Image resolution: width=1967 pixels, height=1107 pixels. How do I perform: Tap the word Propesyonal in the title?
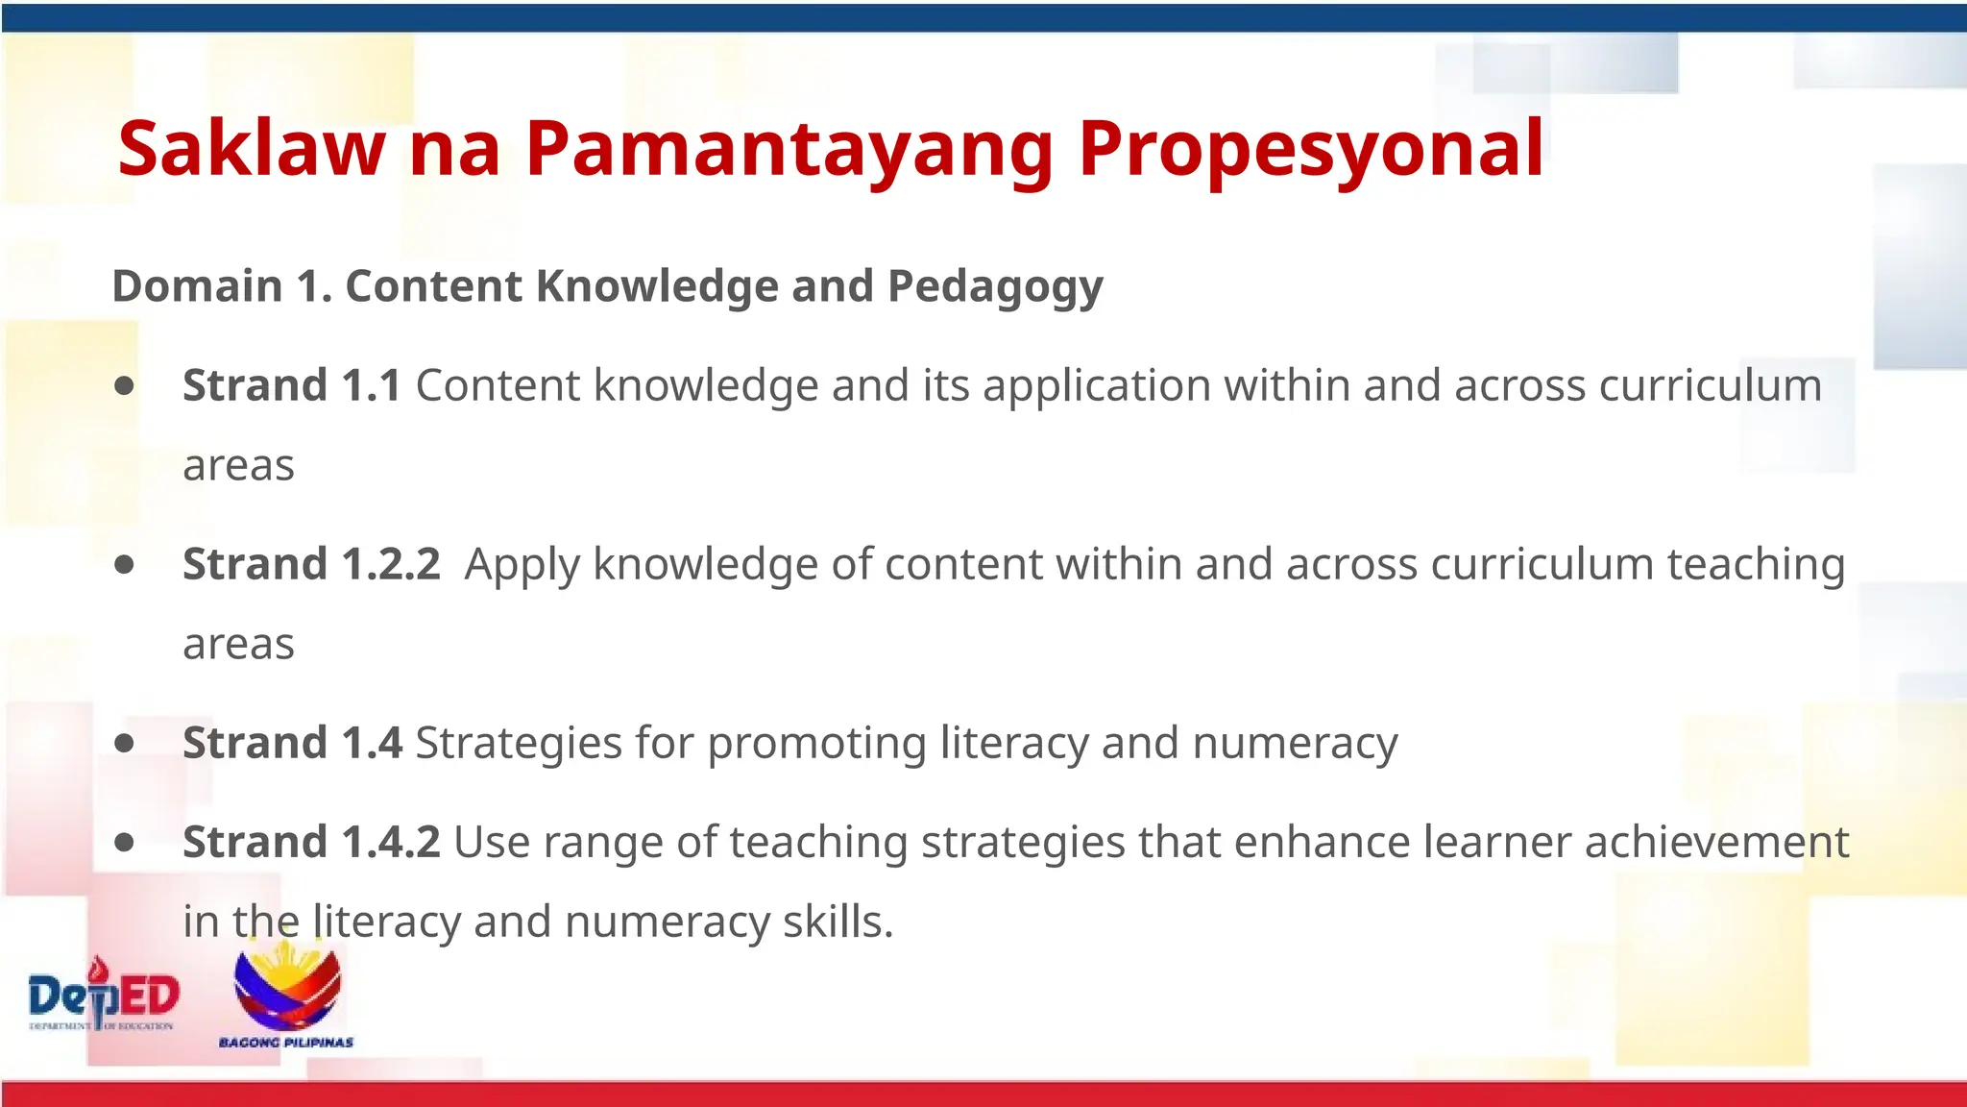(x=1311, y=149)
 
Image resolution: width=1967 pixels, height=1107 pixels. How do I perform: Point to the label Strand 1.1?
(x=292, y=385)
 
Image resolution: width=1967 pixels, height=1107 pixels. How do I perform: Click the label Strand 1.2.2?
(x=311, y=564)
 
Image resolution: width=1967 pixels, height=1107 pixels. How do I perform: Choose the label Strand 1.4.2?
(x=311, y=842)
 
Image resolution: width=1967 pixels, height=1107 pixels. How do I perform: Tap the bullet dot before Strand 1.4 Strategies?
(x=124, y=743)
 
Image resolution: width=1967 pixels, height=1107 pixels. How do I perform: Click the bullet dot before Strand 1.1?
(x=124, y=385)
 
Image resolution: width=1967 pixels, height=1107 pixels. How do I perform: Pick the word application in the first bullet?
(x=1096, y=385)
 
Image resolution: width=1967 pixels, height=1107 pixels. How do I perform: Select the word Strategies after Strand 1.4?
(x=519, y=743)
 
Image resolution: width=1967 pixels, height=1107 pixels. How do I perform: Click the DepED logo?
(x=104, y=997)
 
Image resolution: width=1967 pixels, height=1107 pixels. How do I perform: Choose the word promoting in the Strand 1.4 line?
(x=816, y=743)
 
